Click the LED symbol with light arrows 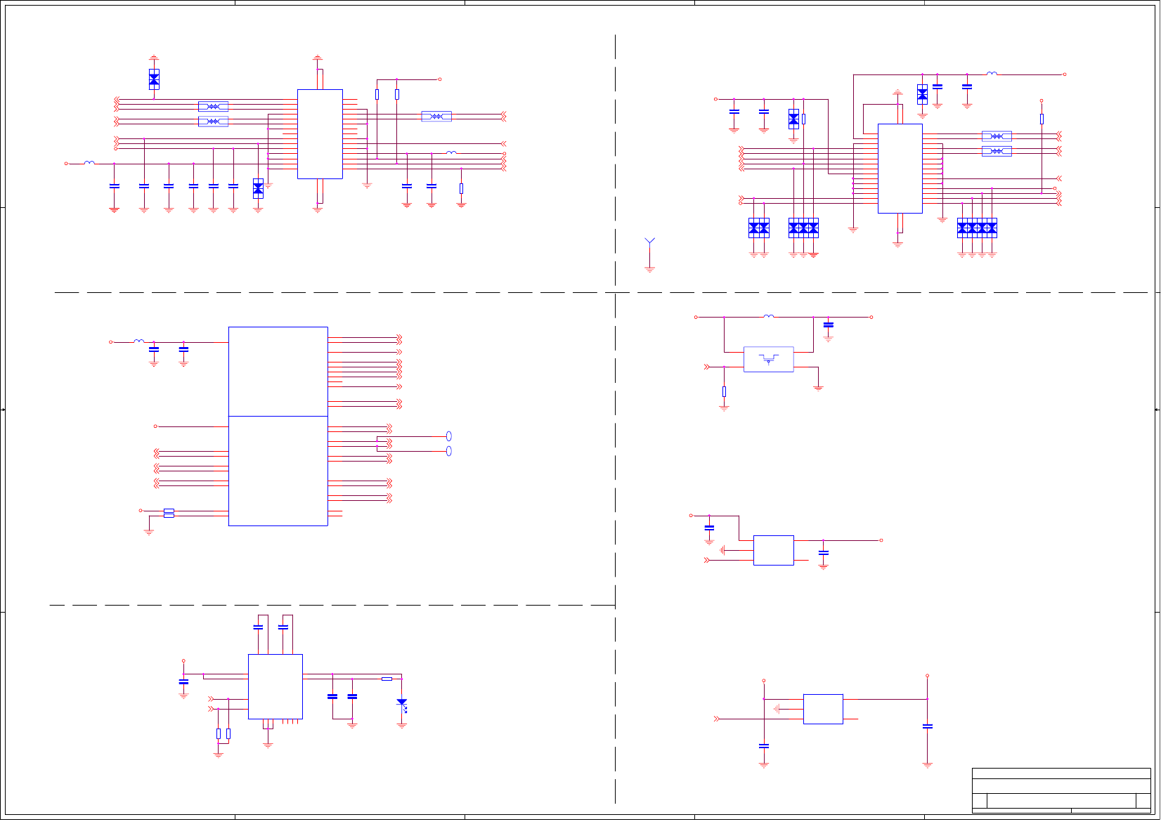point(402,703)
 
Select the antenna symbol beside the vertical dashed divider point(650,243)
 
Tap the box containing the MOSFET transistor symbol point(768,359)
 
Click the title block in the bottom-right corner point(1061,790)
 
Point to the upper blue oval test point point(449,436)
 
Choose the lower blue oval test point point(449,451)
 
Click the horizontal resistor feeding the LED point(387,679)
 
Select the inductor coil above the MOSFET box point(769,316)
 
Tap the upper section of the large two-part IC point(278,371)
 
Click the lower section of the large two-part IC point(278,471)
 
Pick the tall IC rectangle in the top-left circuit point(320,133)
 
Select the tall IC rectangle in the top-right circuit point(900,169)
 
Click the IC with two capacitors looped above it point(275,686)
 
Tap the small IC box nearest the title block point(823,709)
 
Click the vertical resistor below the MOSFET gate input point(724,391)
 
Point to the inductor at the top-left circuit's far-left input point(89,163)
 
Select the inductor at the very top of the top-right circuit point(992,73)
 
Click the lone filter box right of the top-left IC point(436,116)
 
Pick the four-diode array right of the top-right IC point(977,228)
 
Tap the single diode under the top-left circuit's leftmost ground point(154,79)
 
